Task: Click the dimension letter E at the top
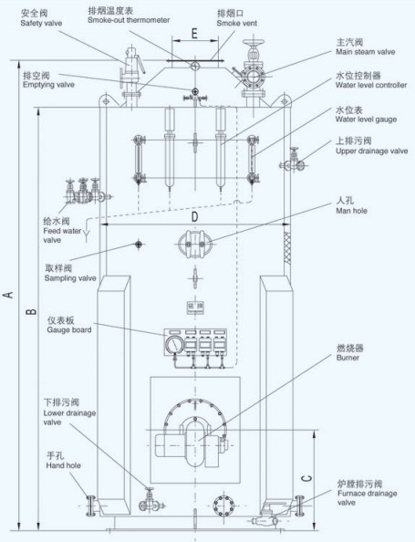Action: click(x=194, y=34)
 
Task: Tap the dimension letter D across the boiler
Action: click(x=195, y=217)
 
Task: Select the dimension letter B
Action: click(x=31, y=311)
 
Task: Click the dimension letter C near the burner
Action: click(x=306, y=478)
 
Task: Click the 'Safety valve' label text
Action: click(x=41, y=24)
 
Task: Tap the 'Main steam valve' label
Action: click(x=365, y=52)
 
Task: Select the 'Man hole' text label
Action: click(x=351, y=211)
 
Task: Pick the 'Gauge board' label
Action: click(x=69, y=329)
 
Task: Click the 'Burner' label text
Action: click(x=348, y=358)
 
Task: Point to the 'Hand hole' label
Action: click(x=63, y=465)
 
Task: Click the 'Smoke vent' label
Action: click(x=237, y=23)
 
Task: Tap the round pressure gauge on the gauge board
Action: click(x=174, y=344)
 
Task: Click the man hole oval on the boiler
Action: click(x=195, y=244)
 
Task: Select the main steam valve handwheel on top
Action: click(x=254, y=43)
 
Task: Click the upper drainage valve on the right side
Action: click(x=293, y=161)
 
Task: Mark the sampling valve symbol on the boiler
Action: click(x=139, y=245)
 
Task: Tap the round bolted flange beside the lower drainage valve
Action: click(x=223, y=506)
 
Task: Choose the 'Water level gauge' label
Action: click(x=366, y=120)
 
